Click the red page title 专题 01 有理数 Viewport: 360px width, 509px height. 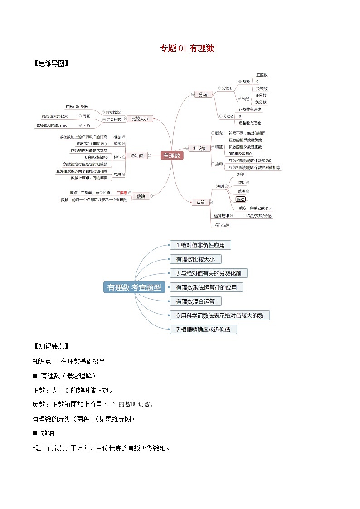point(187,48)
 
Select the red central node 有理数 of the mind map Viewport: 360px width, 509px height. point(172,155)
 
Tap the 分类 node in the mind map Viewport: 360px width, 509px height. point(203,95)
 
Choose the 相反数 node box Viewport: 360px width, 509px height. point(199,148)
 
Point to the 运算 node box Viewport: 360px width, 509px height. point(201,202)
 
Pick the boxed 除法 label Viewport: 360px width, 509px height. point(240,199)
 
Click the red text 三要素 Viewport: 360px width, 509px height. point(122,193)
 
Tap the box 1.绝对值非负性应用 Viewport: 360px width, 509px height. point(200,245)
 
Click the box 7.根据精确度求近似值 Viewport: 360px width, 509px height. point(203,330)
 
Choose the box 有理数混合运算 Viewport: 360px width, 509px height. point(195,301)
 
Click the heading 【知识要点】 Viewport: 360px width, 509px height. point(51,346)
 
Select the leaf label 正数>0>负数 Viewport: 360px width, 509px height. point(76,107)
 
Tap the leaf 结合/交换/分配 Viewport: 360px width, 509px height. point(259,216)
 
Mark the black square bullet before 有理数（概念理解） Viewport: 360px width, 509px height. point(35,376)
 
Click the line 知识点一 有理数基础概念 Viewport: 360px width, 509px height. point(69,361)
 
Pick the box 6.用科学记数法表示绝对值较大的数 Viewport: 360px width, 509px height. point(219,315)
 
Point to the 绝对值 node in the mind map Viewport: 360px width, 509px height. point(136,155)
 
